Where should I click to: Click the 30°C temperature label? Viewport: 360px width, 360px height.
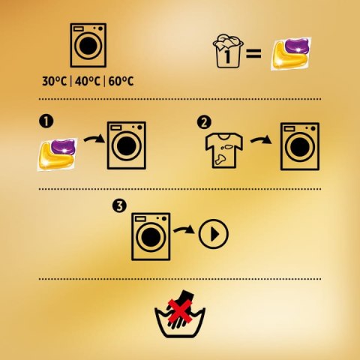point(55,81)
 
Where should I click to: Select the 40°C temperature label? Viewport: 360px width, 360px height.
point(87,81)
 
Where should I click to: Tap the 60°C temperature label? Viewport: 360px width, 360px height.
point(121,81)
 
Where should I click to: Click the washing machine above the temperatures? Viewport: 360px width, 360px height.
point(88,45)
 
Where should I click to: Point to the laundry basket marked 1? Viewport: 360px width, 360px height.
point(228,51)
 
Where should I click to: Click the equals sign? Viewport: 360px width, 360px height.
point(253,53)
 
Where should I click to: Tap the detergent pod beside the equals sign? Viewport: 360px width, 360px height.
point(291,53)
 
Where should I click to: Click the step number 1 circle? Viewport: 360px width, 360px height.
point(46,121)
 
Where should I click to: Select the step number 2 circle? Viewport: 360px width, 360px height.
point(204,123)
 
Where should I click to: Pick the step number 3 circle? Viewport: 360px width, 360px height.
point(119,206)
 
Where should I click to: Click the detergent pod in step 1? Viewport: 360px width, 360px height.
point(58,154)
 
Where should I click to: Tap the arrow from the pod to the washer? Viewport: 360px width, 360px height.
point(94,139)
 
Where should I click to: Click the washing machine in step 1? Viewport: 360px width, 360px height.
point(127,145)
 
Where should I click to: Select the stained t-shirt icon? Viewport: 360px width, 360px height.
point(224,151)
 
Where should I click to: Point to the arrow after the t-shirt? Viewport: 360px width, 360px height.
point(261,140)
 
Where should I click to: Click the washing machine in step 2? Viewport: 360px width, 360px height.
point(300,146)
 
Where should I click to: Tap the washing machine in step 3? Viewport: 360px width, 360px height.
point(151,236)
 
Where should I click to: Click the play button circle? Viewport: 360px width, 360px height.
point(214,234)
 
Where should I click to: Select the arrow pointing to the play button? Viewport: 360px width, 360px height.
point(184,229)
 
